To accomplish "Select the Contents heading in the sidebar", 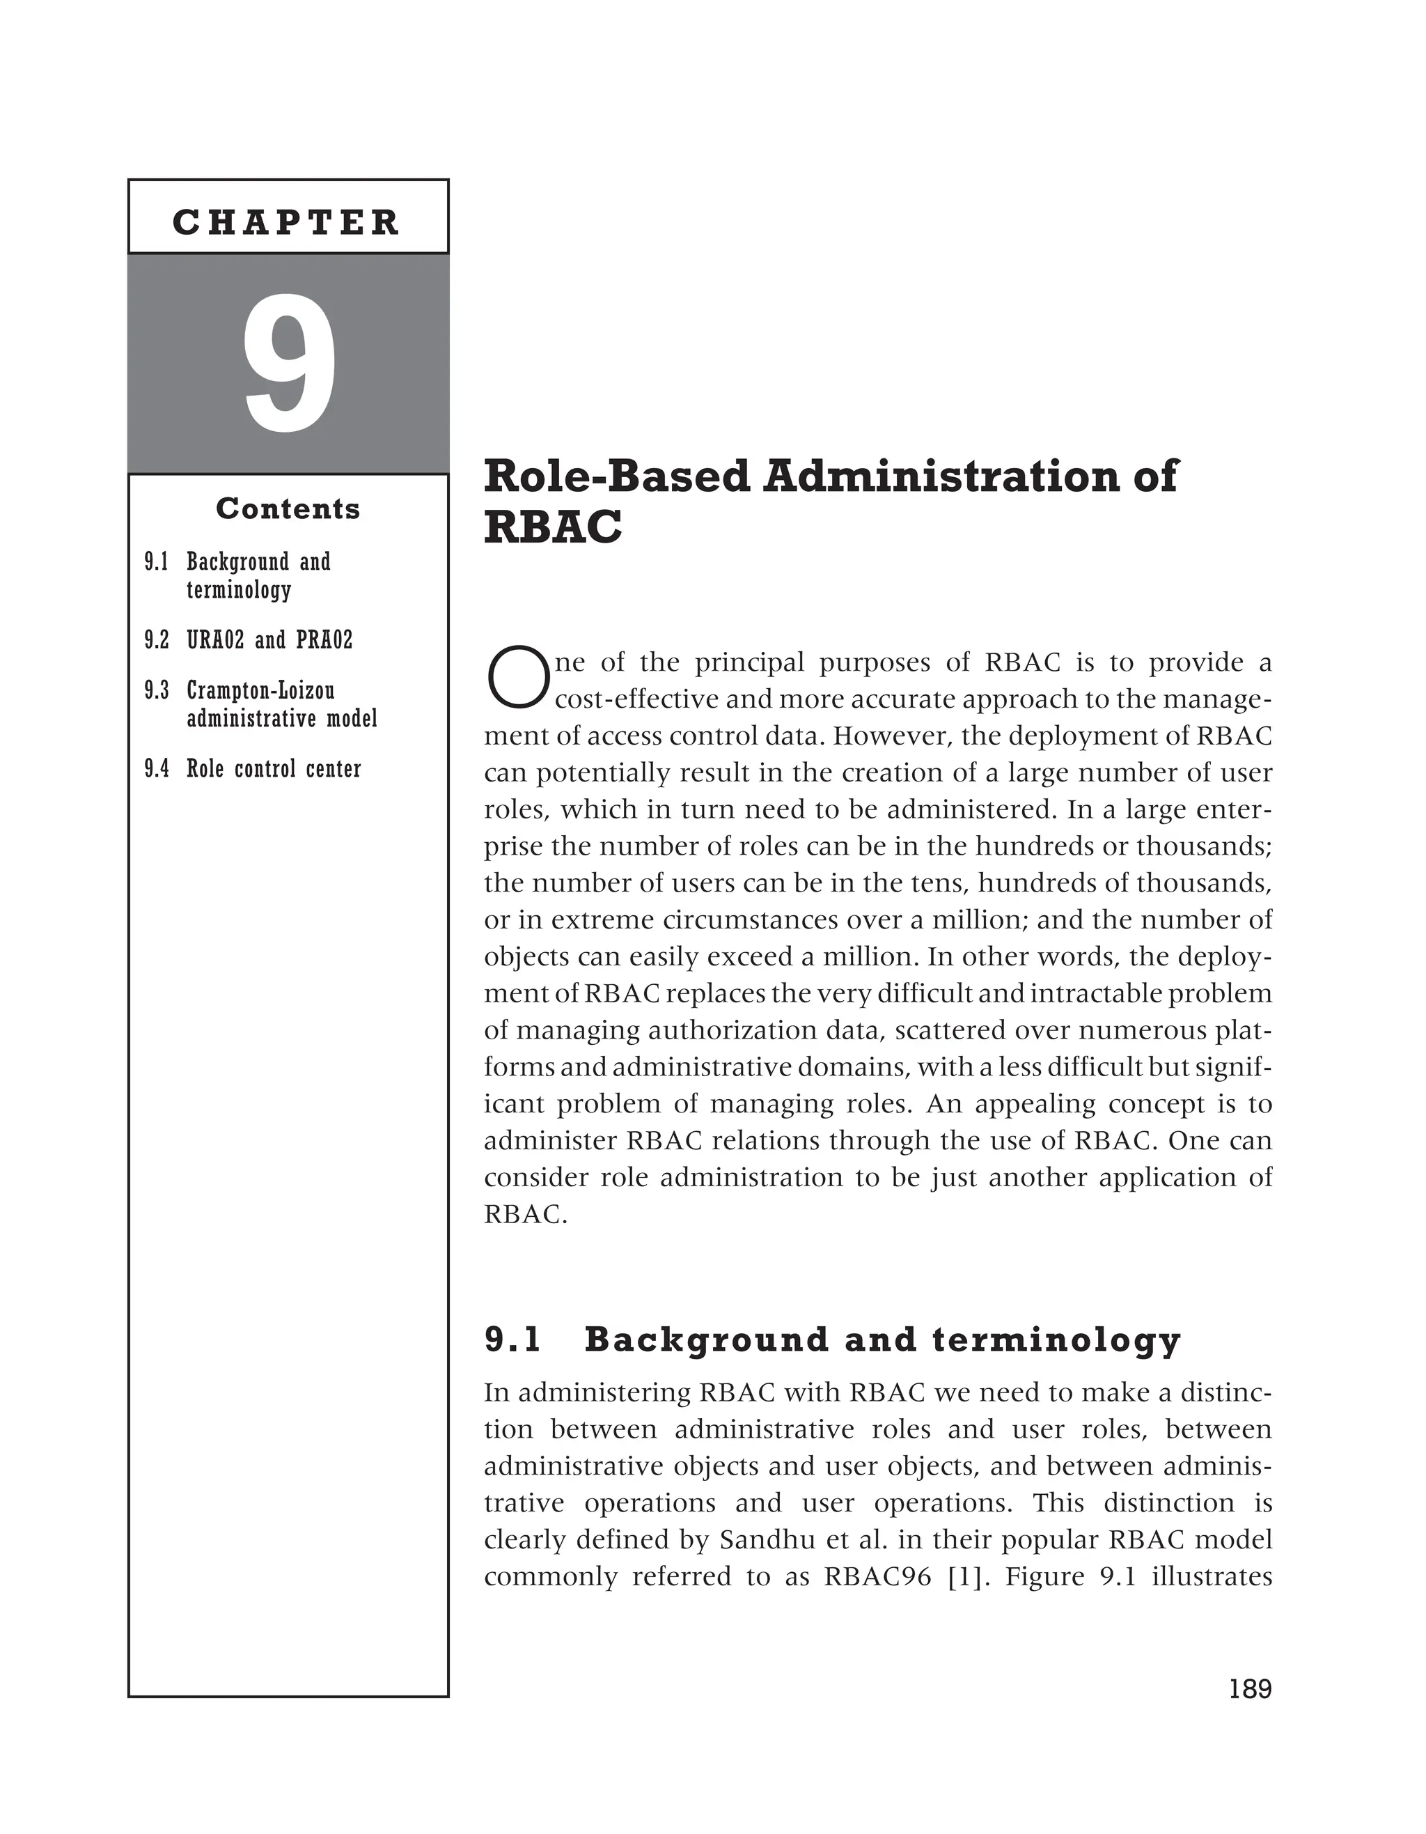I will pyautogui.click(x=288, y=509).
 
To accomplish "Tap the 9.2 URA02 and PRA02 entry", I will pyautogui.click(x=249, y=641).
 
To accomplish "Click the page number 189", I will pyautogui.click(x=1250, y=1688).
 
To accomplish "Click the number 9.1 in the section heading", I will pyautogui.click(x=514, y=1340).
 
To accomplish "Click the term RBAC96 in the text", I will pyautogui.click(x=877, y=1577).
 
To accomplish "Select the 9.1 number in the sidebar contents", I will pyautogui.click(x=156, y=562).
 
